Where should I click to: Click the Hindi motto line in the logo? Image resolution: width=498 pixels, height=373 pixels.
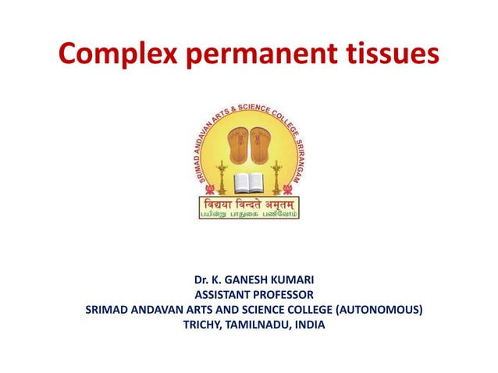coord(248,202)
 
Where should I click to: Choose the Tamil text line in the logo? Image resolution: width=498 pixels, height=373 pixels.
coord(248,213)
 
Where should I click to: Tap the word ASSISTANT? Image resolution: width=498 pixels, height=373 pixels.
coord(222,294)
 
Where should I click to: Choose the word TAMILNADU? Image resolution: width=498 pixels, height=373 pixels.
coord(256,325)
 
